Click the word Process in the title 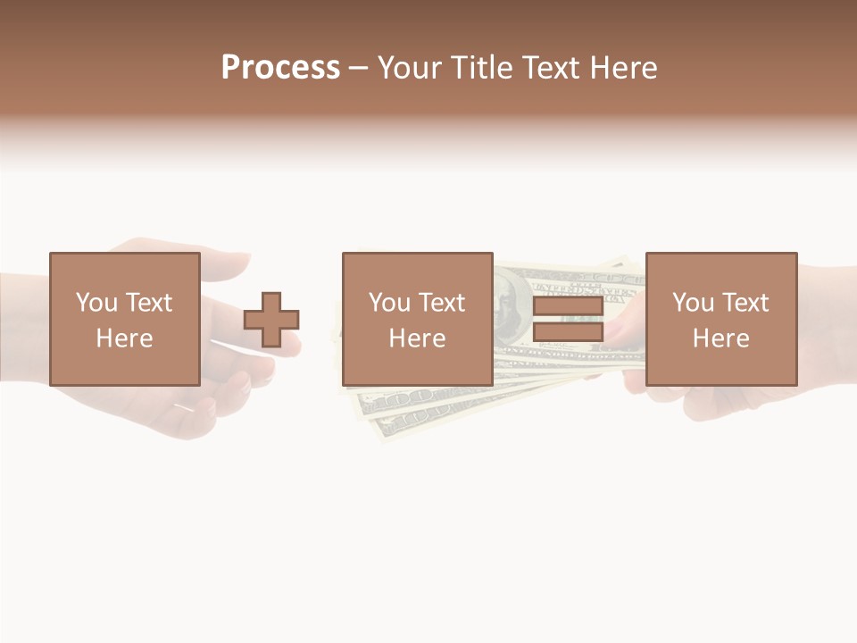click(x=280, y=67)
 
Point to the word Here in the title click(x=622, y=67)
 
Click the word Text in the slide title click(x=547, y=67)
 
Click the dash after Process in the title click(x=358, y=68)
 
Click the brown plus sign click(x=272, y=319)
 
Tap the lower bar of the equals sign click(x=568, y=331)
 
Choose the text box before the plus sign click(x=125, y=319)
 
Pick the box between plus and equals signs click(x=418, y=319)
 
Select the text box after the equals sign click(x=721, y=319)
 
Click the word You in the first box click(x=96, y=303)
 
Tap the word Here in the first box click(x=125, y=338)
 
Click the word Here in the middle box click(x=418, y=338)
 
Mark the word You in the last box click(x=693, y=303)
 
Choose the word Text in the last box click(x=746, y=303)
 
